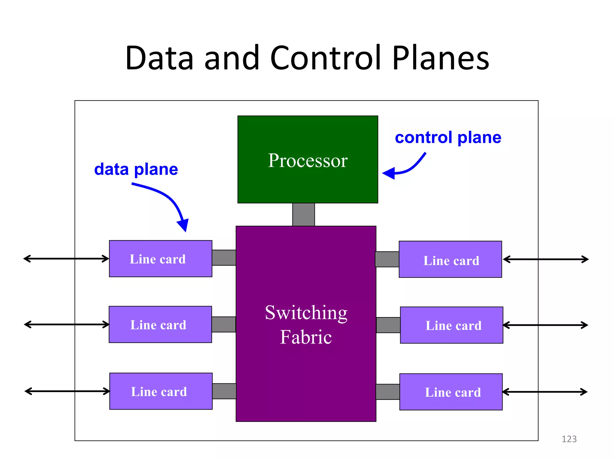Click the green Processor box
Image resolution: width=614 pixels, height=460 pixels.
(308, 159)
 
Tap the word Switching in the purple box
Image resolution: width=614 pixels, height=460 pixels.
(306, 313)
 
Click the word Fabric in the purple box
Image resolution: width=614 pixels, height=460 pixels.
(306, 337)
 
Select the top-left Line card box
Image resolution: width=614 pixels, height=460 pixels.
(160, 259)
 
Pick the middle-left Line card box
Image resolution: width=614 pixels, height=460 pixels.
(160, 324)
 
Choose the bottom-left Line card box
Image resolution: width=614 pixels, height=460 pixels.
(161, 391)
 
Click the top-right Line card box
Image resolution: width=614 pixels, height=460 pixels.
(450, 259)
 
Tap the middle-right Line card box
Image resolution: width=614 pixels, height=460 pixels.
(451, 325)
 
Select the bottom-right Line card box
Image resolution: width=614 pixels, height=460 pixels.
(451, 392)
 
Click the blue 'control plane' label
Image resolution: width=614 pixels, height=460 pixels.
(448, 138)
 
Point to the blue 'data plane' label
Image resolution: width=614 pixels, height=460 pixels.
(136, 170)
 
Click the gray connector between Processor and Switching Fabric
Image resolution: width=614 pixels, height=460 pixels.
(303, 214)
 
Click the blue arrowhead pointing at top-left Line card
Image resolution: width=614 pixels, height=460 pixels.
(183, 225)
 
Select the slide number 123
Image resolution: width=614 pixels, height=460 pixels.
(569, 439)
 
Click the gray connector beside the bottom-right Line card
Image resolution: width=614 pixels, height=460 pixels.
(388, 392)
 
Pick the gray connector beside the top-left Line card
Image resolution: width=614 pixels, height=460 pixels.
(224, 258)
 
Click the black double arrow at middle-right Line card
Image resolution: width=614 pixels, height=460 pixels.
(545, 325)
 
